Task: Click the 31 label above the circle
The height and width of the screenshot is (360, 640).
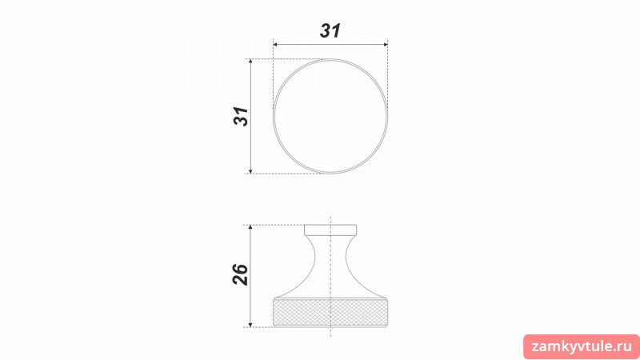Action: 330,30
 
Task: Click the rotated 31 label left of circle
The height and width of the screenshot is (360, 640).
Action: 241,116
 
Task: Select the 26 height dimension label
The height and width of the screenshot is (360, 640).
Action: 241,274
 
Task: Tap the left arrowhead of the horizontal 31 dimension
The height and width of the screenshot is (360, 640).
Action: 275,44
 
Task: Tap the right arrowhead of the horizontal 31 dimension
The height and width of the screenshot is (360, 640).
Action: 385,44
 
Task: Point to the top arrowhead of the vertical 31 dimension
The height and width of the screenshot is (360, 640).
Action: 250,62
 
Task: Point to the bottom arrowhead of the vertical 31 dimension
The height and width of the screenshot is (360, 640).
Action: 250,170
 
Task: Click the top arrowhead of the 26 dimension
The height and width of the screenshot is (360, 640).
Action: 250,227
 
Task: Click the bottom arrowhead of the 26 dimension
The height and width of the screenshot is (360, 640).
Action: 250,324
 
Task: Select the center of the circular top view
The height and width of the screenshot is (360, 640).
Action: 330,116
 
